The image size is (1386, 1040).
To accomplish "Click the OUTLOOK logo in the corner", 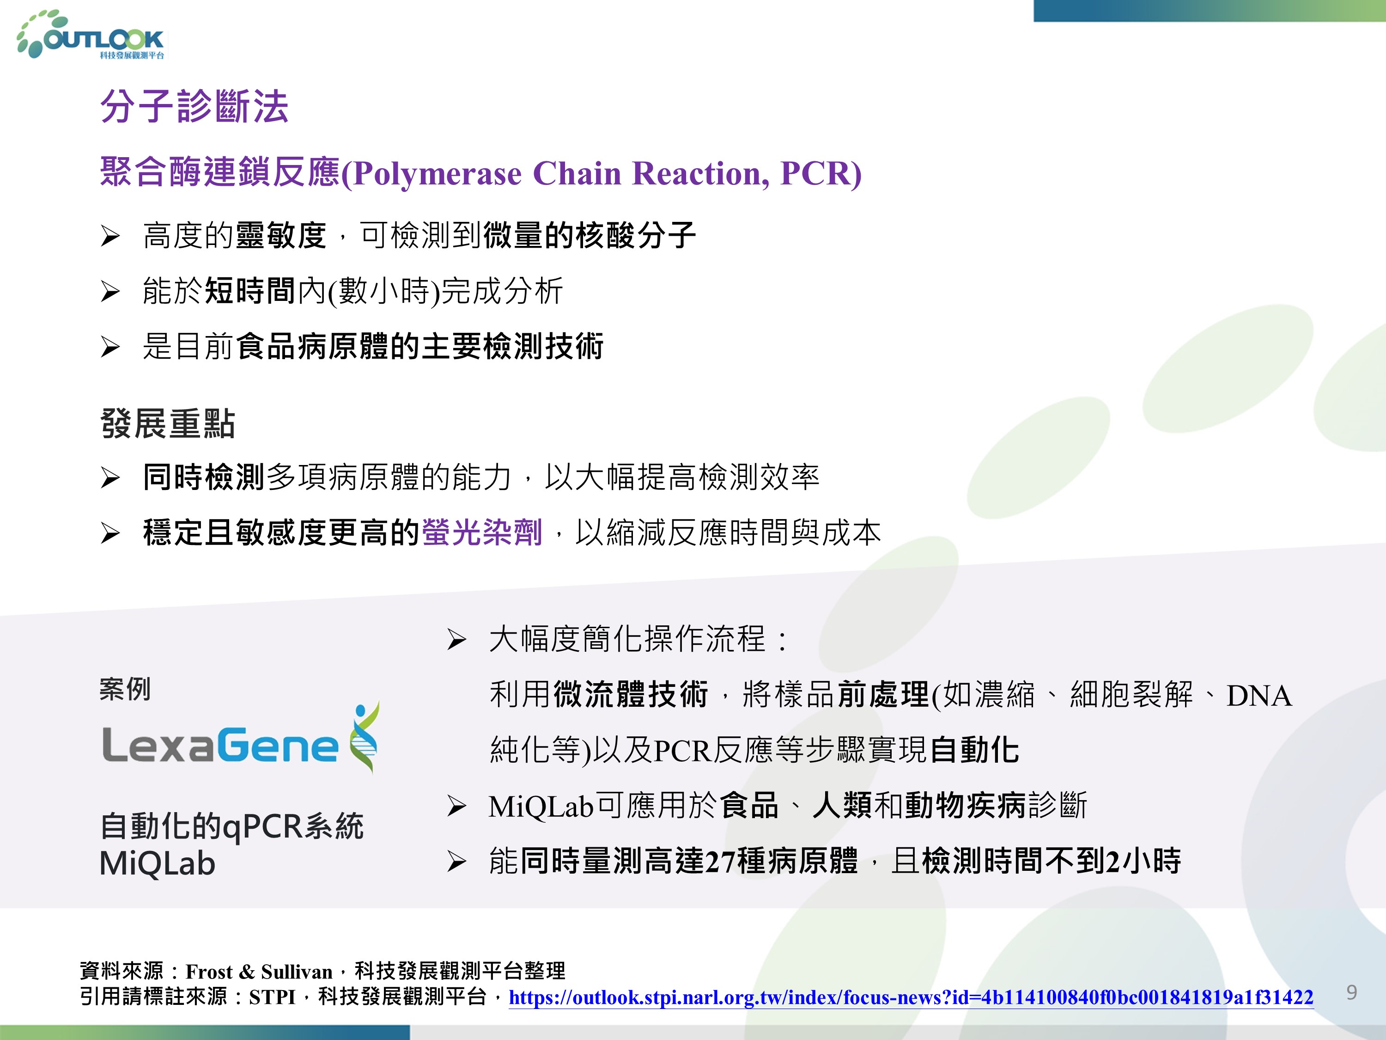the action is pyautogui.click(x=91, y=35).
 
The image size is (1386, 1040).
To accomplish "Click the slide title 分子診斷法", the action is pyautogui.click(x=194, y=107).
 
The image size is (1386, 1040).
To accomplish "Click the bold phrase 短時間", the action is pyautogui.click(x=250, y=291).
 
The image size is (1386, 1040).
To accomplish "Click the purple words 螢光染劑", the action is pyautogui.click(x=482, y=533).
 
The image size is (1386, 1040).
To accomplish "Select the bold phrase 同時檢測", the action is pyautogui.click(x=204, y=477).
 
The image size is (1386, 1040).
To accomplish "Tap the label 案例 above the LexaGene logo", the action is pyautogui.click(x=125, y=689).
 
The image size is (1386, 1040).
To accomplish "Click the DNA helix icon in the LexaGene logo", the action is pyautogui.click(x=365, y=737).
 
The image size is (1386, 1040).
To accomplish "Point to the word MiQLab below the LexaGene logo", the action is pyautogui.click(x=157, y=864).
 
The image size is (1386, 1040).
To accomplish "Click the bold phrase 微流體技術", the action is pyautogui.click(x=630, y=695).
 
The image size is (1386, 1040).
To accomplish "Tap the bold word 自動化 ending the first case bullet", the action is pyautogui.click(x=975, y=750).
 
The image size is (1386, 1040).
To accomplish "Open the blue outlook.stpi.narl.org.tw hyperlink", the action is pyautogui.click(x=911, y=997).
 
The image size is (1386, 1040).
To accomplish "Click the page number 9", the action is pyautogui.click(x=1351, y=992).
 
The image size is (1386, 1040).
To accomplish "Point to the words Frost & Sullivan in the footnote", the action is pyautogui.click(x=259, y=972).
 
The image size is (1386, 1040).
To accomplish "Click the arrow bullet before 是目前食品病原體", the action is pyautogui.click(x=110, y=347).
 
